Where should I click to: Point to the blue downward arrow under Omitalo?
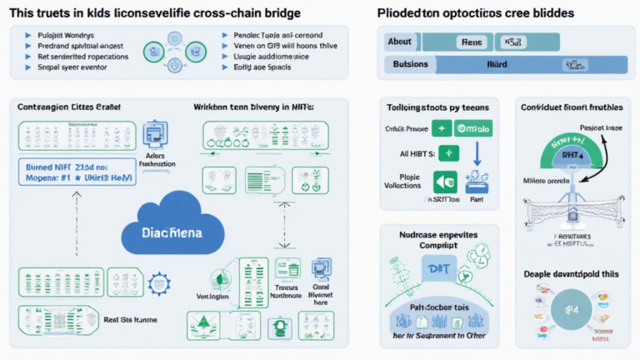click(477, 156)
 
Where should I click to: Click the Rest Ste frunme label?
click(132, 319)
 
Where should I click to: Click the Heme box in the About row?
click(473, 42)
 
